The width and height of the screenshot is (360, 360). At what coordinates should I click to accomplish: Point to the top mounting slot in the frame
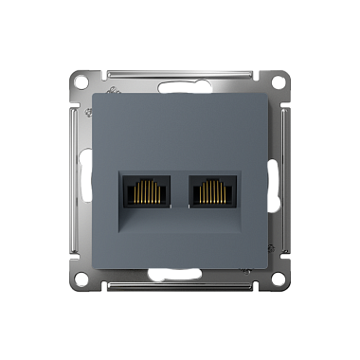coord(180,72)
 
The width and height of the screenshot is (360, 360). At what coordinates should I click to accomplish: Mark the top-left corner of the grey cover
coord(95,89)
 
